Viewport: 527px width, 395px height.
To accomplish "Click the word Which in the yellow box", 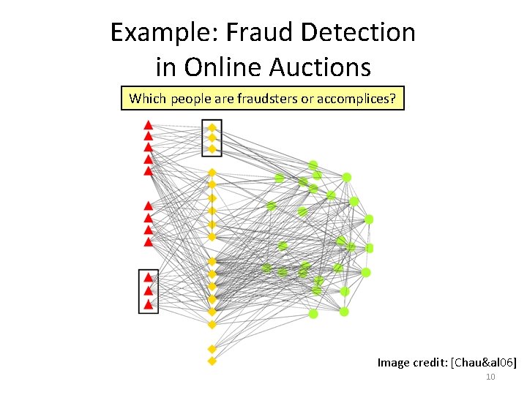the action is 147,99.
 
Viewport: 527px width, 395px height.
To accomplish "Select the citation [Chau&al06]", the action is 484,362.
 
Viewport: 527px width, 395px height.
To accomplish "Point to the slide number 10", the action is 490,377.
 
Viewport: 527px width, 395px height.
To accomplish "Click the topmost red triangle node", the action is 148,124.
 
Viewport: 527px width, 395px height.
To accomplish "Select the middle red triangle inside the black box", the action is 149,290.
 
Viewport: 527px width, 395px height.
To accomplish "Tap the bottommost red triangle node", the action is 149,304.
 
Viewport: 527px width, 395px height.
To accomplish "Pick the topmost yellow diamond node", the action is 212,127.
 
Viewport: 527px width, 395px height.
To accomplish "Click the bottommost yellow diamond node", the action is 212,361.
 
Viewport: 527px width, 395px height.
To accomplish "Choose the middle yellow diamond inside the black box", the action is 212,138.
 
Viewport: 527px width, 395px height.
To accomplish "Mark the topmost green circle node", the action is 313,165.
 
